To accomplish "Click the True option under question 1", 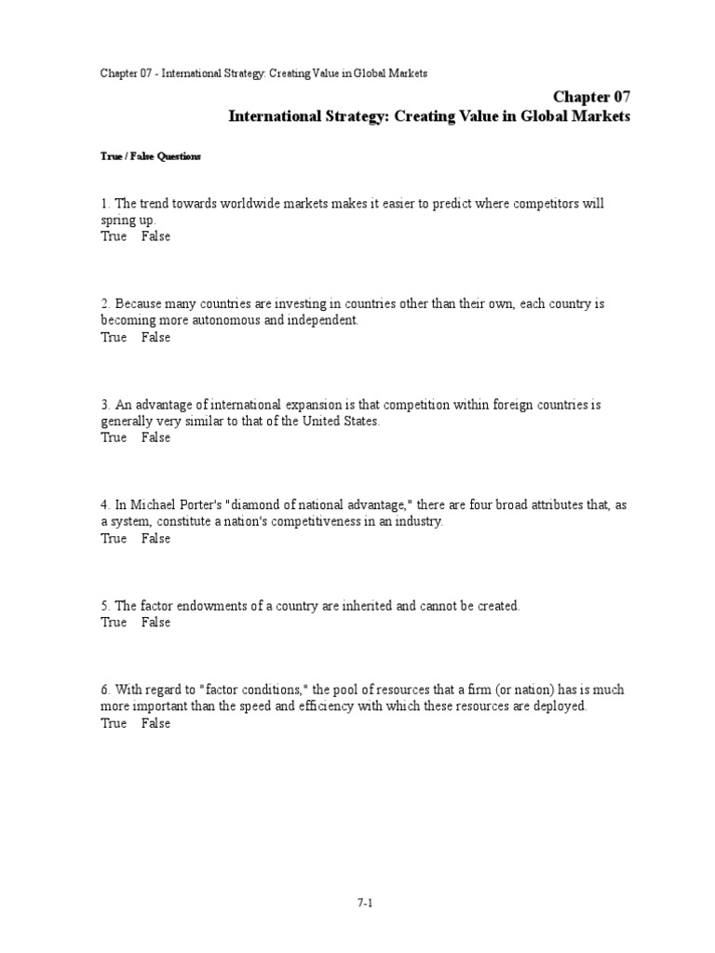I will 114,236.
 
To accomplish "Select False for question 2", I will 155,337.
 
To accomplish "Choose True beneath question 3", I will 114,437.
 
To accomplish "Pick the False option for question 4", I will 155,538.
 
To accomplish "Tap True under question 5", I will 114,623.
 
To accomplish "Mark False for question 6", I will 155,723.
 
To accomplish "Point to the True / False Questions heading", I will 151,157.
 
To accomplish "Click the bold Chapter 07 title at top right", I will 592,97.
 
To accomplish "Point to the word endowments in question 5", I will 207,606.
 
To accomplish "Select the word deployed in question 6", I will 558,706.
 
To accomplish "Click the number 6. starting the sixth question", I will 106,691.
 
